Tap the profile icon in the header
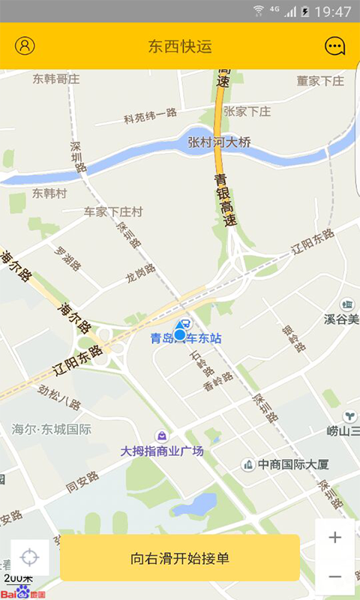click(x=25, y=46)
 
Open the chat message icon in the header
click(x=334, y=46)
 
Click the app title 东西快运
click(x=180, y=46)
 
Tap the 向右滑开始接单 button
click(x=180, y=558)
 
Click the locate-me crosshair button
click(x=30, y=558)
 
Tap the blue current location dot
click(x=180, y=334)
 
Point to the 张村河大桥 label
click(x=219, y=142)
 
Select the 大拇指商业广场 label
click(x=163, y=451)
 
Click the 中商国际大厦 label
click(x=293, y=465)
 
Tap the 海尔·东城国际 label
click(x=52, y=430)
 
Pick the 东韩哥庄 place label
click(x=56, y=78)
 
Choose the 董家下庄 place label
click(x=319, y=80)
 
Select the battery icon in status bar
click(x=304, y=11)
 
